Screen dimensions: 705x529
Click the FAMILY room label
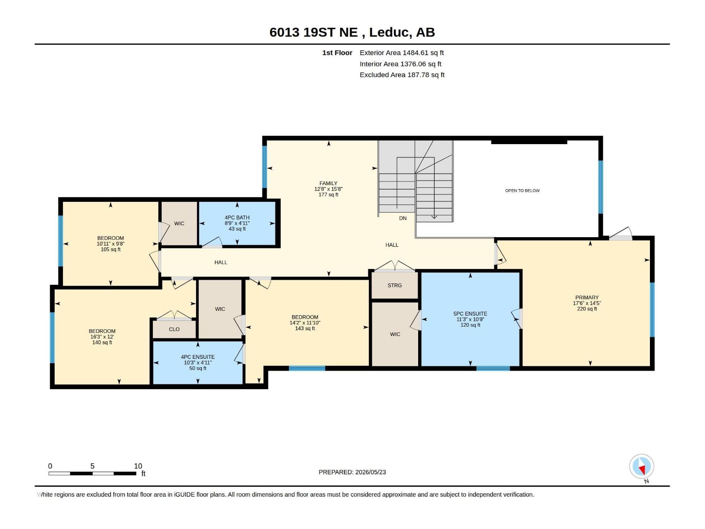(x=328, y=183)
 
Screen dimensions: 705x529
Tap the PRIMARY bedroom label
(x=587, y=298)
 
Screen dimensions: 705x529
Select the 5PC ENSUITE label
(x=470, y=313)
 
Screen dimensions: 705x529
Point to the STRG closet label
(x=394, y=285)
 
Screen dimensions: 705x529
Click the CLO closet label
(x=174, y=329)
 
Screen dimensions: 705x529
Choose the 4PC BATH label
(x=237, y=217)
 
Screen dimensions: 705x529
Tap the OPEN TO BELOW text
(x=522, y=190)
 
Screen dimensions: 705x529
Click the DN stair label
(x=403, y=218)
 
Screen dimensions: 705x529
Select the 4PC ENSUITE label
(x=197, y=357)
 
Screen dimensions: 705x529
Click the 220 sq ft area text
(x=587, y=309)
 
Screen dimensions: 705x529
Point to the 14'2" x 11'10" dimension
(x=305, y=323)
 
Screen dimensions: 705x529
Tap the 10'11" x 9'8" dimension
(x=111, y=244)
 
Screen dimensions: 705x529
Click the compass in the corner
(x=642, y=466)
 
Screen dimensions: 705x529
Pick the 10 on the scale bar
(x=138, y=466)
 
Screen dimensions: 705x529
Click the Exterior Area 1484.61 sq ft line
(x=401, y=52)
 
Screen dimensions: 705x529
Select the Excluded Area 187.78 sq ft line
(x=402, y=75)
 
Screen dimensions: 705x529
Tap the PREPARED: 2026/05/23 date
(x=352, y=472)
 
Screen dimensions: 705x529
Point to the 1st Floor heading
(x=337, y=52)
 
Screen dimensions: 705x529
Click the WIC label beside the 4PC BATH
(x=179, y=223)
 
